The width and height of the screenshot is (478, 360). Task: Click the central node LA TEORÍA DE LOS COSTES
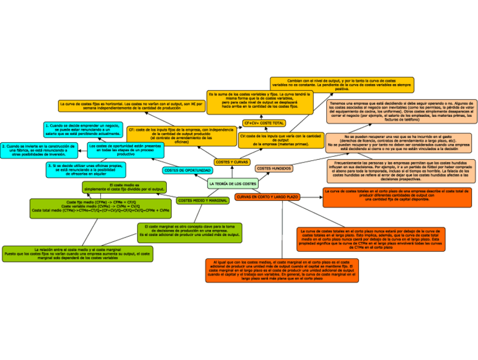point(232,184)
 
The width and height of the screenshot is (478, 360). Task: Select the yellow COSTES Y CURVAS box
point(232,162)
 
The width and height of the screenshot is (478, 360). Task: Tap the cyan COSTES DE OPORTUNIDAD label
point(188,170)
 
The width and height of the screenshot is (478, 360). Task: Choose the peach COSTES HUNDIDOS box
point(274,168)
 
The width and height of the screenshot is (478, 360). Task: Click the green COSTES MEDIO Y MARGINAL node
point(202,200)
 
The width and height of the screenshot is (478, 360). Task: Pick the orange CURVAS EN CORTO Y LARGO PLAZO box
point(268,197)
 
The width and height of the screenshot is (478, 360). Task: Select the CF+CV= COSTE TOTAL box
point(264,123)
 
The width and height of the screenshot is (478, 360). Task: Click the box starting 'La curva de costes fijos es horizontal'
point(130,106)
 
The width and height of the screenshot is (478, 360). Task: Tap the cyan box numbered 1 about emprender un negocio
point(82,129)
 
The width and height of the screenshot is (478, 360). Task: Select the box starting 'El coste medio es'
point(124,187)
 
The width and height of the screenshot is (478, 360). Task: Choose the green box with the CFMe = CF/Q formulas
point(101,207)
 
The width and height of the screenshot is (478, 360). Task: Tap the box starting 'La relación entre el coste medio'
point(77,253)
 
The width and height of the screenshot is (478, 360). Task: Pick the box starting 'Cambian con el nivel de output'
point(342,85)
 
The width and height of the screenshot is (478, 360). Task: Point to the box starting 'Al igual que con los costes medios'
point(282,270)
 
